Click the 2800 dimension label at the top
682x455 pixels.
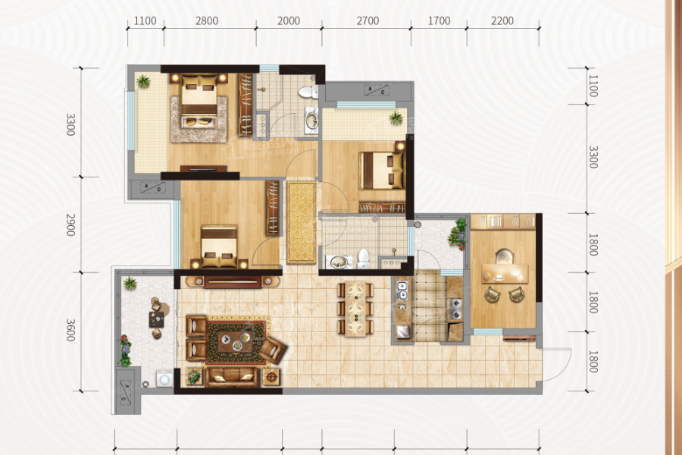(207, 21)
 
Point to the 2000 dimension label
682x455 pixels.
(289, 21)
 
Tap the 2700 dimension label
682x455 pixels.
(368, 21)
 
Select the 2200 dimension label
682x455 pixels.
(502, 21)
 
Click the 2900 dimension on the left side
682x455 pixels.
(70, 224)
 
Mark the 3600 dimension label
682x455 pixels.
(70, 331)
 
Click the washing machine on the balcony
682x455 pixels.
(164, 378)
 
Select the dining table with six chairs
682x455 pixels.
(356, 309)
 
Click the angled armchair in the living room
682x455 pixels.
(272, 350)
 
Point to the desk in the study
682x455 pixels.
(505, 274)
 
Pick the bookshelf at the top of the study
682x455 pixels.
(503, 221)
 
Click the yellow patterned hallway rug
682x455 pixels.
(301, 222)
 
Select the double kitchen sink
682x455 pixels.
(402, 291)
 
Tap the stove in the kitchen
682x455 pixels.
(455, 309)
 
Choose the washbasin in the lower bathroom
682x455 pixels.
(339, 262)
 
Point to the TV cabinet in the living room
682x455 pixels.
(233, 281)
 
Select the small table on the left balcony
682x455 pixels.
(157, 319)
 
